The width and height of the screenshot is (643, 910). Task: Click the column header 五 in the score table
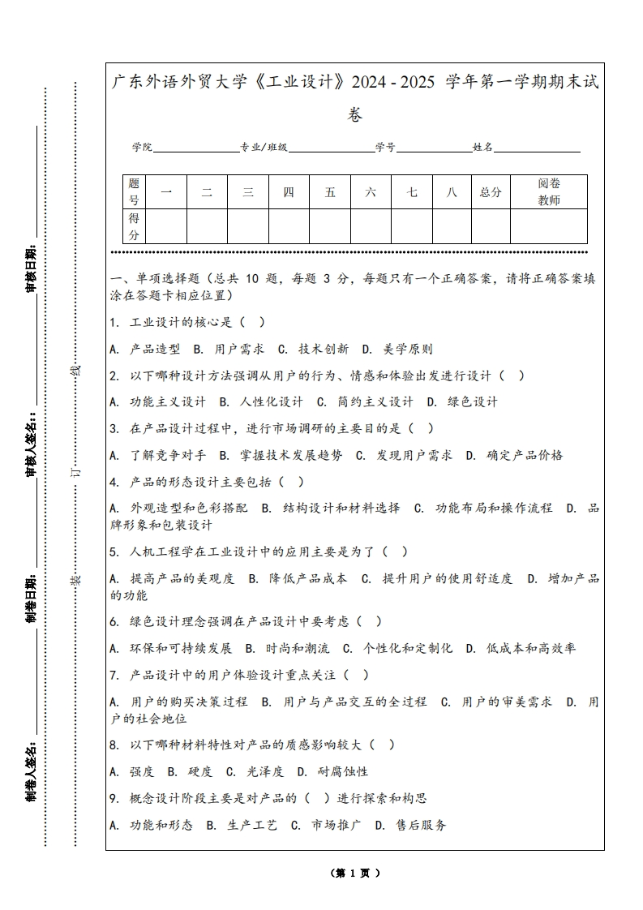pyautogui.click(x=330, y=192)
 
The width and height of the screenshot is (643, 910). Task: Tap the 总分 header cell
pyautogui.click(x=491, y=192)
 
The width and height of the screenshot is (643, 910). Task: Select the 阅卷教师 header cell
pyautogui.click(x=549, y=192)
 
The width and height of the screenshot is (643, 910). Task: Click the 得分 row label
pyautogui.click(x=135, y=226)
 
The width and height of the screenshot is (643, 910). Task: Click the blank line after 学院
pyautogui.click(x=195, y=148)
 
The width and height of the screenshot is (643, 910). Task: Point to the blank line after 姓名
pyautogui.click(x=537, y=148)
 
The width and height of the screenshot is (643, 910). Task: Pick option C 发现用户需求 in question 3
pyautogui.click(x=405, y=455)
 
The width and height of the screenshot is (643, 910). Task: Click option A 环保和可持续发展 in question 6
pyautogui.click(x=171, y=648)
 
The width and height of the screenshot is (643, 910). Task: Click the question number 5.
pyautogui.click(x=113, y=552)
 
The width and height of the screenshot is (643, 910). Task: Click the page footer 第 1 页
pyautogui.click(x=354, y=873)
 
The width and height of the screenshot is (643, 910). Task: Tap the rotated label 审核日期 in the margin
pyautogui.click(x=31, y=268)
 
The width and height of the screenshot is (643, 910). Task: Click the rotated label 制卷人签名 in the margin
pyautogui.click(x=31, y=770)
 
